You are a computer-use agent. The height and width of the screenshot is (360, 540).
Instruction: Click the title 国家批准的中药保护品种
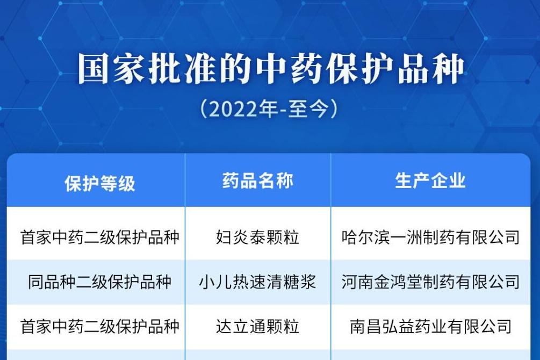[x=271, y=69]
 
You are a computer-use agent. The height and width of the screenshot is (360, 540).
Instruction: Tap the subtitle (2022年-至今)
[x=269, y=109]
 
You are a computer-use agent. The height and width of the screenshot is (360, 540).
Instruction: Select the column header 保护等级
[x=99, y=183]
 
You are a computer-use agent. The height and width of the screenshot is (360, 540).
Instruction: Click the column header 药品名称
[x=257, y=181]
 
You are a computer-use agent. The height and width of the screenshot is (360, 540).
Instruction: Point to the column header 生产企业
[x=430, y=181]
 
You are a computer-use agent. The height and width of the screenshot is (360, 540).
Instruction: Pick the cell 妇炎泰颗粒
[x=257, y=237]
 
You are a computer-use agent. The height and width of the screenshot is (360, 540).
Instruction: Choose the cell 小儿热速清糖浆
[x=257, y=282]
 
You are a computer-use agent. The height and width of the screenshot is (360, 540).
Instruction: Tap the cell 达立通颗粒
[x=257, y=326]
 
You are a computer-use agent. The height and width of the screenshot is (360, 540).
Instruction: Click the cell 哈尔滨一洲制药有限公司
[x=430, y=237]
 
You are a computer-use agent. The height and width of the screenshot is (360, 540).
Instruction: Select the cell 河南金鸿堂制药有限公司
[x=430, y=282]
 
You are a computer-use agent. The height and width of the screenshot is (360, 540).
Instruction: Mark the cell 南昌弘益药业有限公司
[x=430, y=326]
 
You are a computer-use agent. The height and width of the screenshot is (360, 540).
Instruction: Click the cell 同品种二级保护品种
[x=99, y=282]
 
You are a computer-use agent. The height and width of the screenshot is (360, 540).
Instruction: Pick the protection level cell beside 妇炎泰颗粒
[x=99, y=237]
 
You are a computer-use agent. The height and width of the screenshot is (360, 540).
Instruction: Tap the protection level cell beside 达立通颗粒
[x=99, y=326]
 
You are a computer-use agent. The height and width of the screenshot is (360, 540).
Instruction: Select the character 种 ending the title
[x=449, y=69]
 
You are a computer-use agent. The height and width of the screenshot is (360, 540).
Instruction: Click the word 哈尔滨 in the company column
[x=365, y=237]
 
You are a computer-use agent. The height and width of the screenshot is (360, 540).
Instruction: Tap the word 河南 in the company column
[x=357, y=282]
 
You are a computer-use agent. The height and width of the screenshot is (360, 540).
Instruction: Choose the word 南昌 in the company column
[x=366, y=326]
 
